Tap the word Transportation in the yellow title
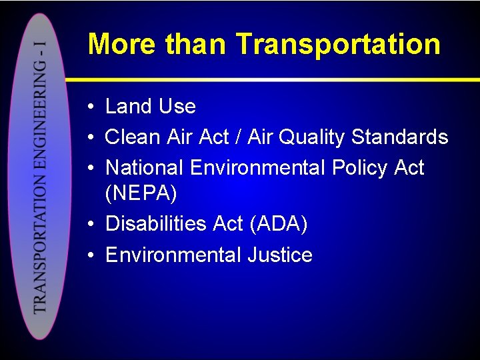pos(338,45)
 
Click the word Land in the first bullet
pos(127,107)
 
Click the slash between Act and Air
pos(239,137)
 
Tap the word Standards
pos(399,137)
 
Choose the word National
pos(145,167)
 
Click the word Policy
pos(355,168)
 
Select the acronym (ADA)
pos(279,225)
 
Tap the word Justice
pos(280,255)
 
